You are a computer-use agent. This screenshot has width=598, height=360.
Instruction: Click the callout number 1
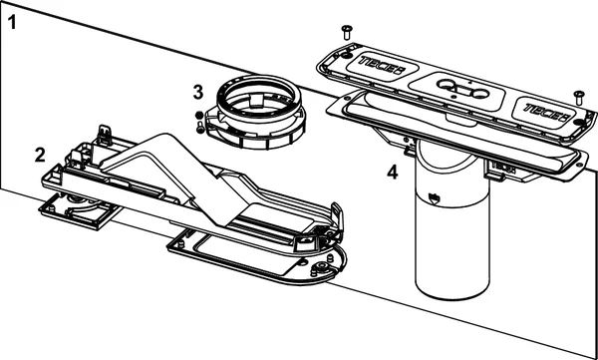13,23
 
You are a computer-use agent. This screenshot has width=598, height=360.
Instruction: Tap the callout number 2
40,155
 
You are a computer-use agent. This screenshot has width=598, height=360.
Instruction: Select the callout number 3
198,93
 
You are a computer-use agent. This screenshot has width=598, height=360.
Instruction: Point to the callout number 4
393,174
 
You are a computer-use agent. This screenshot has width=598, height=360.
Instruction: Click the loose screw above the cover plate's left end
347,32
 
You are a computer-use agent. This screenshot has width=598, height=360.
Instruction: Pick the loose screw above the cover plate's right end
579,98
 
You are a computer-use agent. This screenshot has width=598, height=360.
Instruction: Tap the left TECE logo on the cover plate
382,66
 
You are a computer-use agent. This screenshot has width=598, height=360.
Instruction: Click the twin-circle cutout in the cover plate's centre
462,89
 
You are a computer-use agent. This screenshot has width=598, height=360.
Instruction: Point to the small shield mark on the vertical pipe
433,197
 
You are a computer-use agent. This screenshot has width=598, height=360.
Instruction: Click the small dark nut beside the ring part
198,116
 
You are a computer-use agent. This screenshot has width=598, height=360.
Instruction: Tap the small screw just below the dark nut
200,128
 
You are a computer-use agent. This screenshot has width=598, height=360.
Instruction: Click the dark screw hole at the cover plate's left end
346,56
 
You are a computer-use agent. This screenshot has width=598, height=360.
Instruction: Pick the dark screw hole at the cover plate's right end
579,122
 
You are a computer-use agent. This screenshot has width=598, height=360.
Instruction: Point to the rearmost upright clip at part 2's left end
104,135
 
